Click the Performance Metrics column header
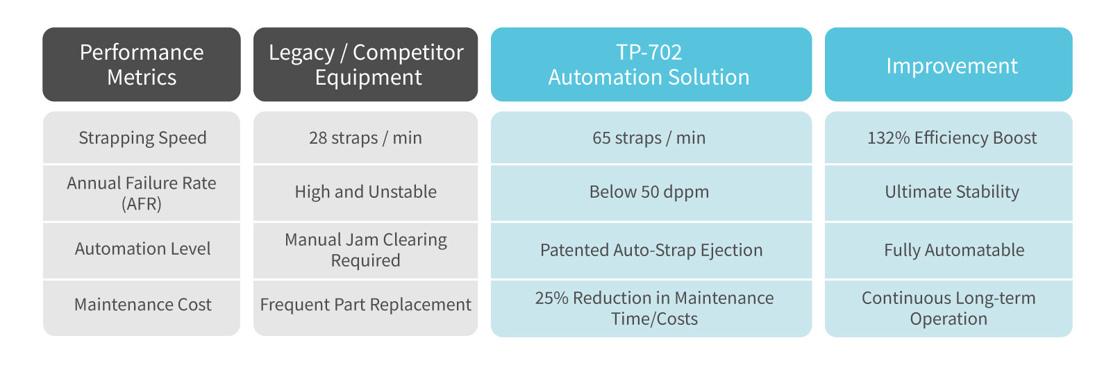click(x=142, y=65)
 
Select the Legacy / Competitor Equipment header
click(x=365, y=65)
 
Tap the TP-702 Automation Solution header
click(x=651, y=65)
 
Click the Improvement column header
click(x=949, y=65)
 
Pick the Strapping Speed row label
click(x=142, y=137)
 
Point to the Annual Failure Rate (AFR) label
click(x=142, y=193)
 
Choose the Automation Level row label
click(x=142, y=248)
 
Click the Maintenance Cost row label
click(x=142, y=304)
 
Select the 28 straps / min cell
click(x=365, y=137)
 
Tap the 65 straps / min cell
click(x=649, y=137)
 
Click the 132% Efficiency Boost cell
click(x=952, y=137)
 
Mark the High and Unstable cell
click(x=365, y=192)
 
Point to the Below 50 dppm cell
click(x=649, y=192)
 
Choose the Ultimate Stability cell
click(x=952, y=192)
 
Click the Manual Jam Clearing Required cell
click(x=365, y=250)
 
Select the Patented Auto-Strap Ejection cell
click(x=651, y=251)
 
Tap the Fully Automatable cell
click(x=954, y=251)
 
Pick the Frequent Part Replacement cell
click(x=365, y=304)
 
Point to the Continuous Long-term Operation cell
click(x=949, y=308)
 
